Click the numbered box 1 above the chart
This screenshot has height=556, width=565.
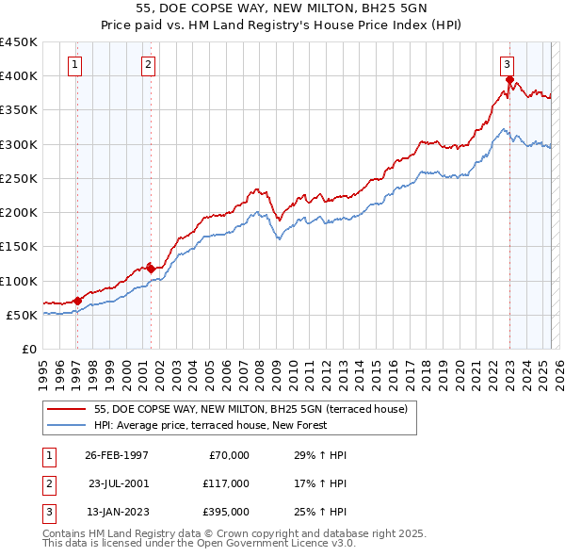point(75,65)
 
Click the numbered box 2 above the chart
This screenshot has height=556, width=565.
point(149,65)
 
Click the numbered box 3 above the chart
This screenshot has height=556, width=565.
point(507,65)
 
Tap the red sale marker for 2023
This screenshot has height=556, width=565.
point(509,80)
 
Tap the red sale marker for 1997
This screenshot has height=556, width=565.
point(77,301)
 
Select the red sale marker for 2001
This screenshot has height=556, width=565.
point(151,269)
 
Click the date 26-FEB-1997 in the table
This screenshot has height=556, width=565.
point(117,455)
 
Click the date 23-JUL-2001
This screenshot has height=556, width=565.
point(118,483)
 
